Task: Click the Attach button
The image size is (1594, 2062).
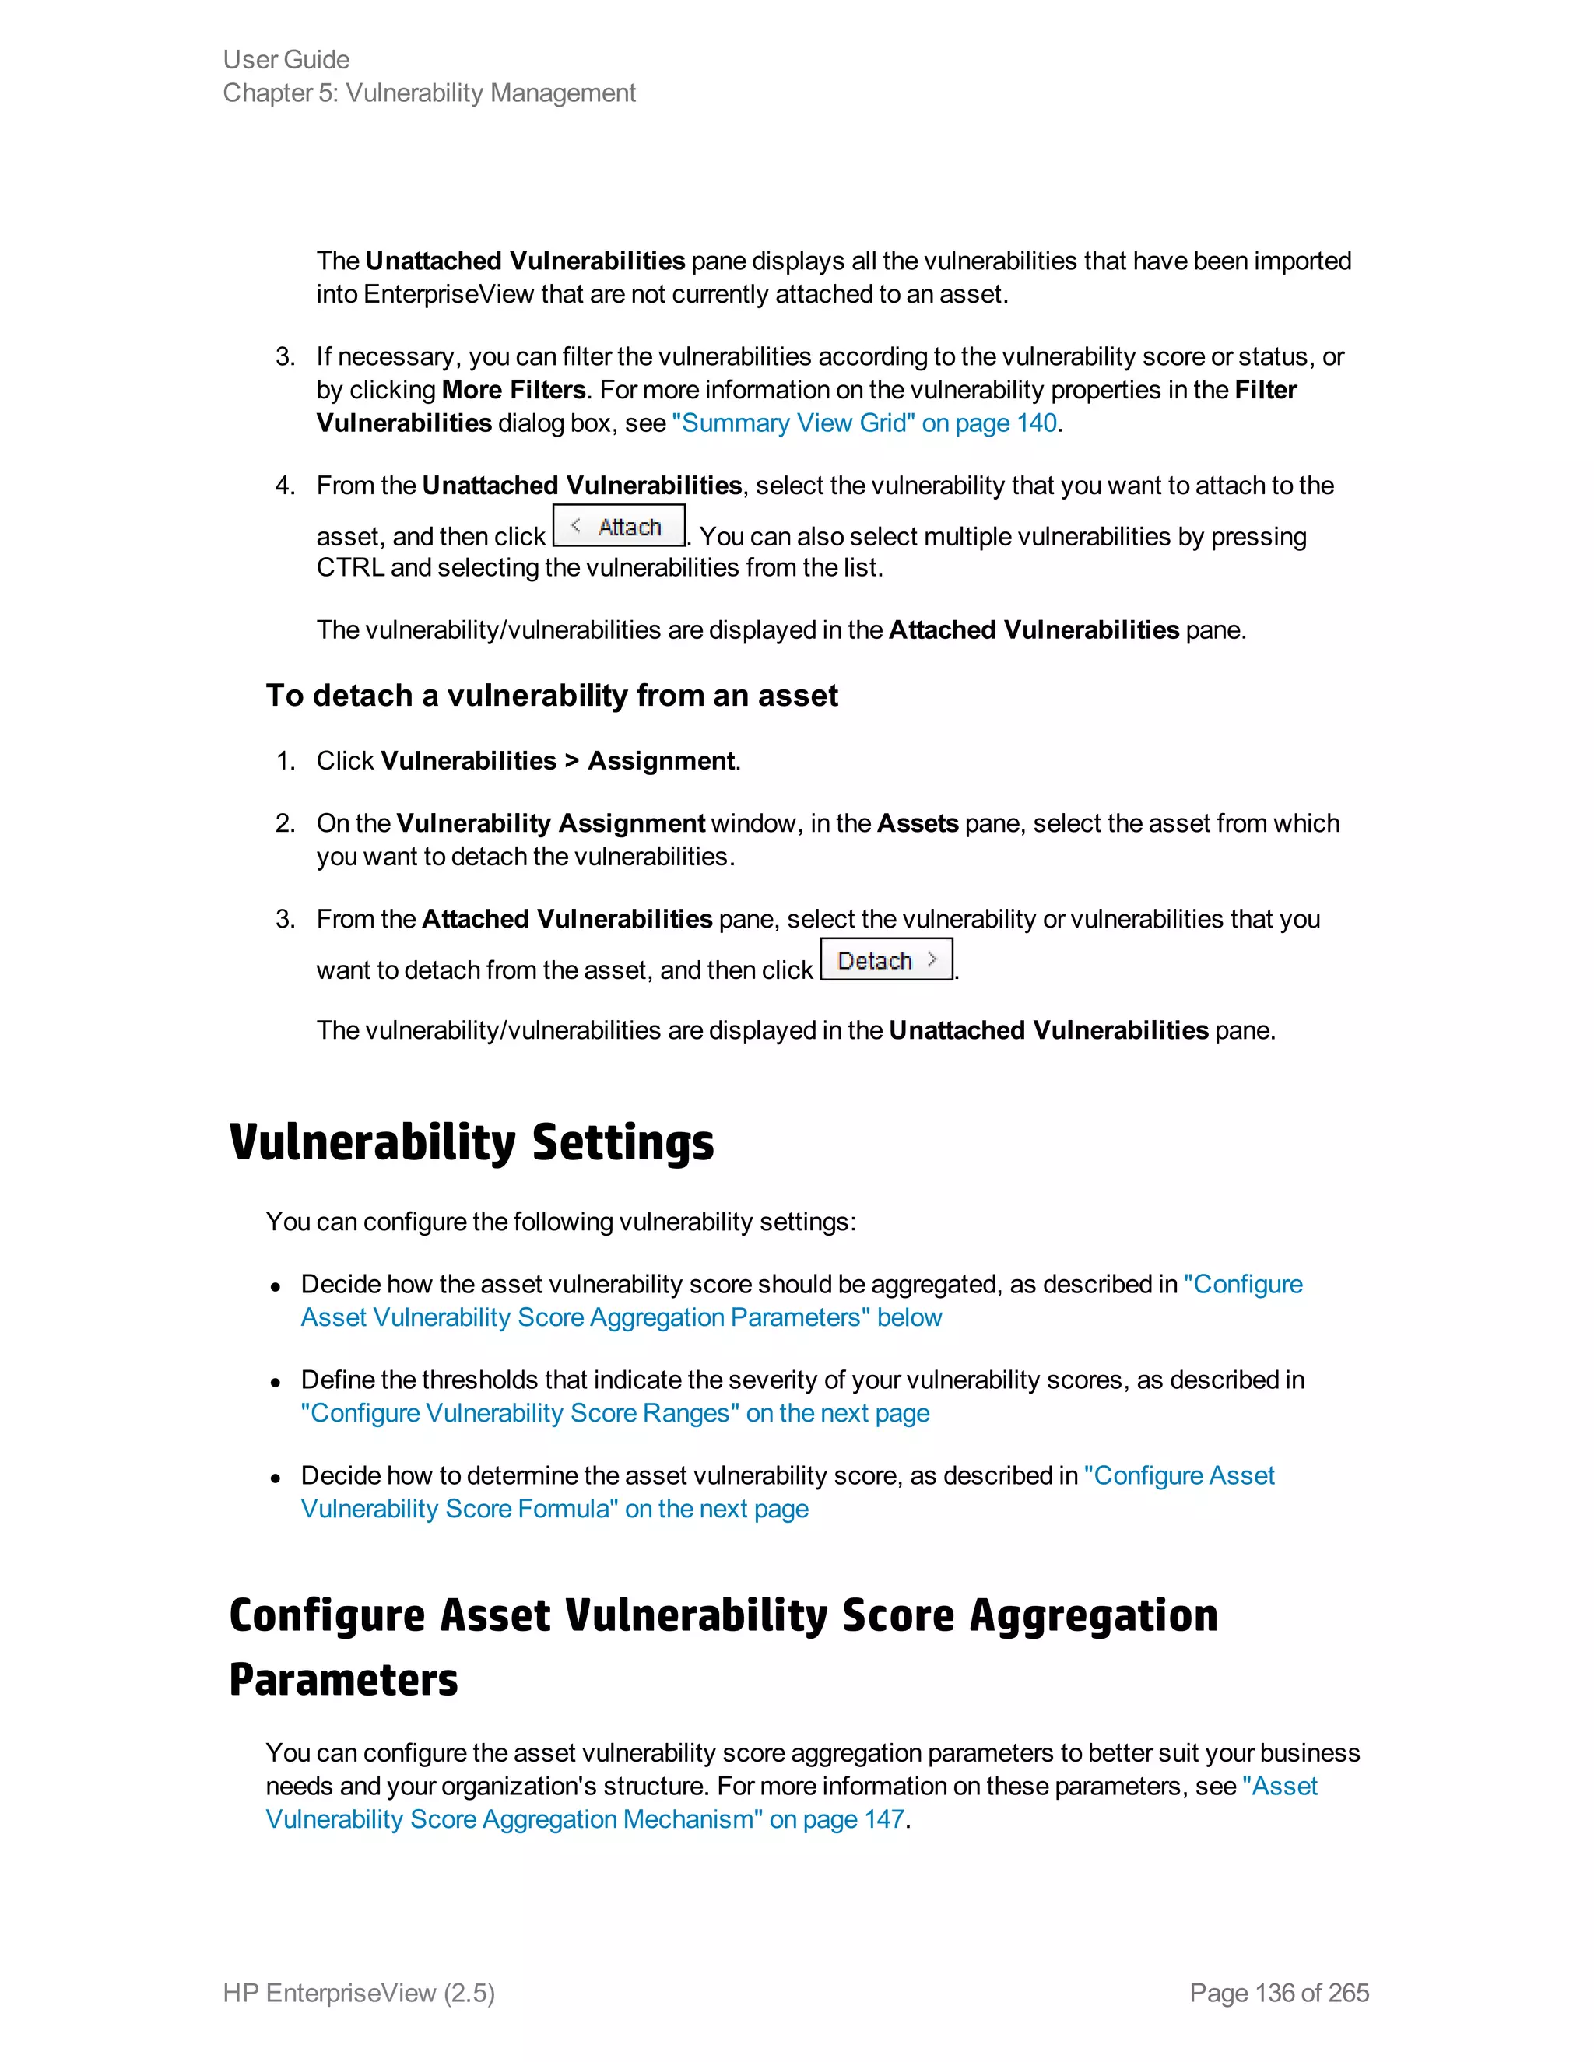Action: [619, 526]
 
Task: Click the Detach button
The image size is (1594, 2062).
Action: [886, 959]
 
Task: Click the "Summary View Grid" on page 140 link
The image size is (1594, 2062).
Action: [864, 423]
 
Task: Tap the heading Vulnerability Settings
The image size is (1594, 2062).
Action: [471, 1141]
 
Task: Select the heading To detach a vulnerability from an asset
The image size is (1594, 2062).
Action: [552, 696]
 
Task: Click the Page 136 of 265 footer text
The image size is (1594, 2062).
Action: [1279, 1992]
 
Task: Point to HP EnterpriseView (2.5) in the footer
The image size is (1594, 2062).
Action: [359, 1992]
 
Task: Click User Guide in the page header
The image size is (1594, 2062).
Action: [286, 59]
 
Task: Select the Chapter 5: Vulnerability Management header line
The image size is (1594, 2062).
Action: [429, 93]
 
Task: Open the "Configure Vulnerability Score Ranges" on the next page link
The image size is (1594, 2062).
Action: [615, 1413]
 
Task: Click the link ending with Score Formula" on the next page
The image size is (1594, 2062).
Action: [554, 1509]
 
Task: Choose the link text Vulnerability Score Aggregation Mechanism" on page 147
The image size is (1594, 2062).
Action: [585, 1819]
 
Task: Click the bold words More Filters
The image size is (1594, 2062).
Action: [514, 390]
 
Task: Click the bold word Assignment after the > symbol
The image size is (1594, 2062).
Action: [661, 761]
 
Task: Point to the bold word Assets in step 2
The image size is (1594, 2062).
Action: [917, 823]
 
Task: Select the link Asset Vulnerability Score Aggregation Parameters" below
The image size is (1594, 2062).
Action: [620, 1317]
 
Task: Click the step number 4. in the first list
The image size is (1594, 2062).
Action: [285, 486]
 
